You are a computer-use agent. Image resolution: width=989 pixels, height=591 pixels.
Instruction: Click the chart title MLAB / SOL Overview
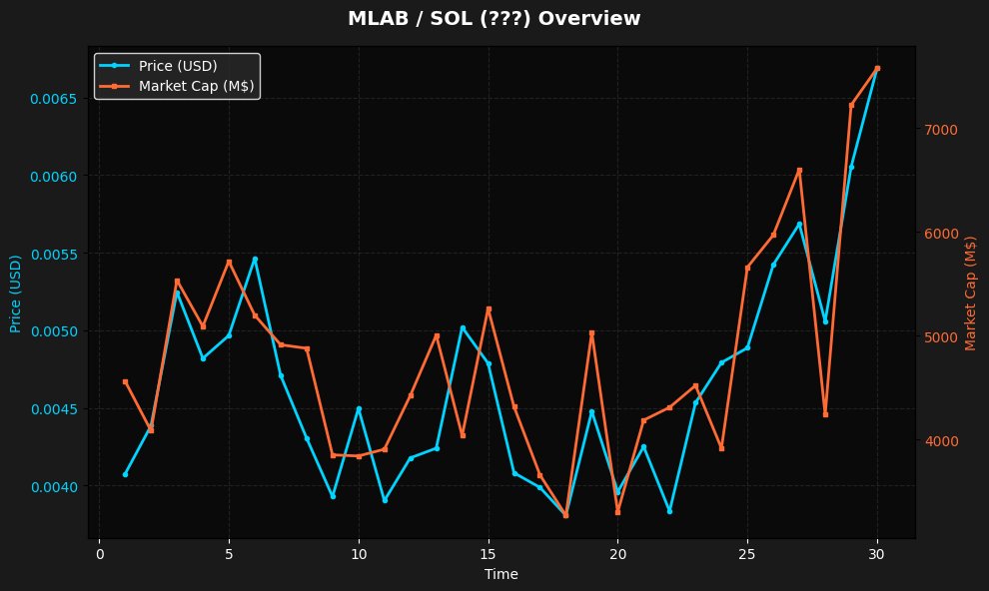[x=494, y=19]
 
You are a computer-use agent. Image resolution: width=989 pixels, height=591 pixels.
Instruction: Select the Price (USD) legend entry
[x=178, y=66]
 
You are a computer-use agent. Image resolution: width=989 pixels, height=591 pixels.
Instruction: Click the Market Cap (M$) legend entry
[x=197, y=87]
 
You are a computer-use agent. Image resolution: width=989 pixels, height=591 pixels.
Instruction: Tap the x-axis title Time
[x=500, y=574]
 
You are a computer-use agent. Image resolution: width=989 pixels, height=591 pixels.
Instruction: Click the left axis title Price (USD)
[x=16, y=294]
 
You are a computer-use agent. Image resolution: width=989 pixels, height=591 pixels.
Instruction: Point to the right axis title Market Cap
[x=970, y=294]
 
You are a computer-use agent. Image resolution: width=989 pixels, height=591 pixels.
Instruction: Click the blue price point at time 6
[x=255, y=259]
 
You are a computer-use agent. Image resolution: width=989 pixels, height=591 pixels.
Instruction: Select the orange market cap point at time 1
[x=125, y=381]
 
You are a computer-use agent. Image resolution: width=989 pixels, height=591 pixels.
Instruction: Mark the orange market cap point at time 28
[x=825, y=414]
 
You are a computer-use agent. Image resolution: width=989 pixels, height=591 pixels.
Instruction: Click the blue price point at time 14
[x=463, y=327]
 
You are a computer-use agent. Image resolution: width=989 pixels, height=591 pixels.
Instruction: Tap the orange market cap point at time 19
[x=591, y=332]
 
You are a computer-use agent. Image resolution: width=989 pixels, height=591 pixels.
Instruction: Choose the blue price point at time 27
[x=799, y=224]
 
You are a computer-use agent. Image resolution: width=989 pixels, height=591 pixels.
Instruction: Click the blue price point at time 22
[x=669, y=510]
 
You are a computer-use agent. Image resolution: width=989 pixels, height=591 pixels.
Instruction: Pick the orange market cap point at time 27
[x=799, y=170]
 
